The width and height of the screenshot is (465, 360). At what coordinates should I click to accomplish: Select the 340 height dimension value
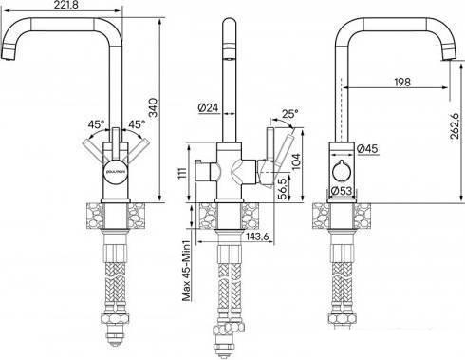coord(153,108)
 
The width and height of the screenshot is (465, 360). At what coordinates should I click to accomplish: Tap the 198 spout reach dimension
coord(402,82)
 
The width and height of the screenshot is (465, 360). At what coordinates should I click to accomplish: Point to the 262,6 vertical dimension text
coord(455,126)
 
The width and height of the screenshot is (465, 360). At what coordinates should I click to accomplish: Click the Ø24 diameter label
coord(209,107)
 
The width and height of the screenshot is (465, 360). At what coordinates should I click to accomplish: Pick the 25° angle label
coord(290,114)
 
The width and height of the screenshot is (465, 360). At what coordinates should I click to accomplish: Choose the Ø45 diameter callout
coord(367,148)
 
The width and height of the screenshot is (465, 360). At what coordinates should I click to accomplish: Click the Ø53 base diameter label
coord(342,191)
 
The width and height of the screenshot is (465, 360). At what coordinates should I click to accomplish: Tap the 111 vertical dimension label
coord(181,174)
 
